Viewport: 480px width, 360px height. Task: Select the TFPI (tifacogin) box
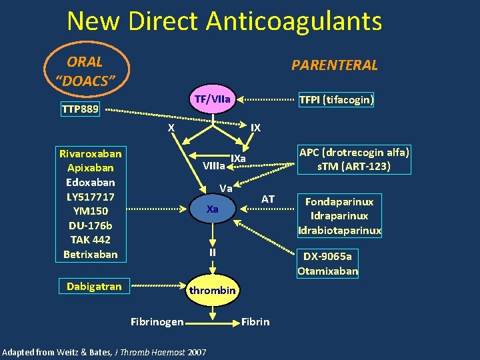tap(336, 100)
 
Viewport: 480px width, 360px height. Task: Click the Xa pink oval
tap(213, 209)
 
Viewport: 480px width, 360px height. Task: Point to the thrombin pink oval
tap(212, 291)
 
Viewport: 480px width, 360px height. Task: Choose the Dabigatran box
tap(94, 287)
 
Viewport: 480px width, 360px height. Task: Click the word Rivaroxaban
tap(92, 153)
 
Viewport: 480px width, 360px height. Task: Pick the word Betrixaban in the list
tap(90, 254)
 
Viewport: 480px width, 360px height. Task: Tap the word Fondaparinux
tap(339, 201)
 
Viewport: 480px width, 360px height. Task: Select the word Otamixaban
tap(328, 271)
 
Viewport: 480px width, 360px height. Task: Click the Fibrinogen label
tap(157, 322)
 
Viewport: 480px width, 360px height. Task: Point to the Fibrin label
tap(255, 322)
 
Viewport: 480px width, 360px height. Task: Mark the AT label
tap(268, 199)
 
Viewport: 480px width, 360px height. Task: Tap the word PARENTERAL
tap(335, 65)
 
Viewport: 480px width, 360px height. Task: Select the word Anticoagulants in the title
tap(293, 21)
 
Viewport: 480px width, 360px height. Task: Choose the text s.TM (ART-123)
tap(355, 166)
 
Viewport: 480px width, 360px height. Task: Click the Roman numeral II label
tap(212, 252)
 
